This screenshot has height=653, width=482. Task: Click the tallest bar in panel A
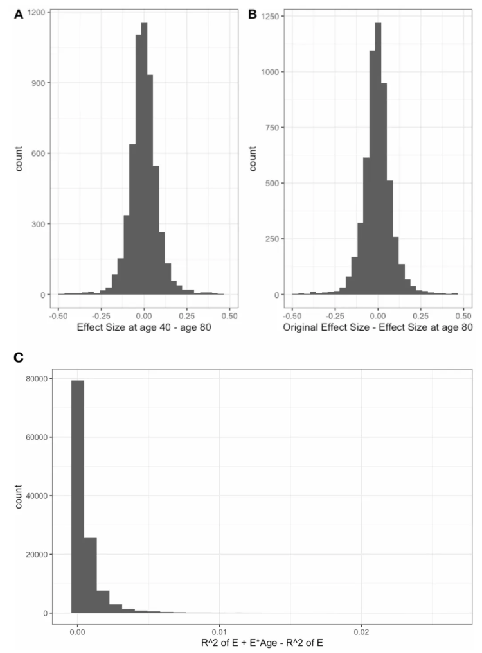(x=144, y=161)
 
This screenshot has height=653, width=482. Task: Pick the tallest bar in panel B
(x=378, y=161)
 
